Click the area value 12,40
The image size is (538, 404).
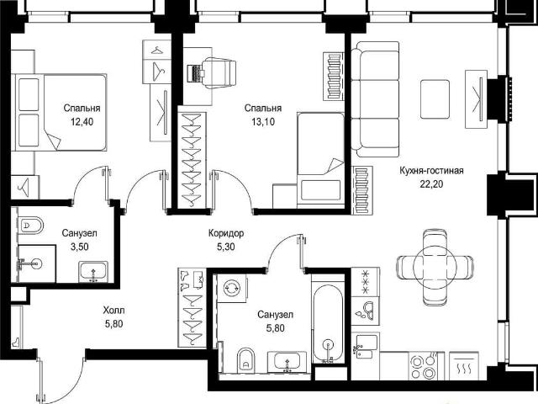(82, 121)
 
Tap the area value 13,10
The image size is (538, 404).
(263, 121)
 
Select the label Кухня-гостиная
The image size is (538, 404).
(431, 171)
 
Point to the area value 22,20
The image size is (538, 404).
(431, 184)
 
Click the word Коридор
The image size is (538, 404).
(226, 233)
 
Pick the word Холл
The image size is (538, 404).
(114, 311)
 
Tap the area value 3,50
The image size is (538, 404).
(79, 247)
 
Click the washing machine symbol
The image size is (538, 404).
(232, 288)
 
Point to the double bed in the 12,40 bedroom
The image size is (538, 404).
(59, 112)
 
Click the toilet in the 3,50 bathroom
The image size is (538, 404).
(30, 226)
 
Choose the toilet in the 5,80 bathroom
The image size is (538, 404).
(246, 360)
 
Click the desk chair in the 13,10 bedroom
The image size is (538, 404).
(219, 72)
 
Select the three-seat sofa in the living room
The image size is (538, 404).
(375, 99)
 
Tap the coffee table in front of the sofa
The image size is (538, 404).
(435, 99)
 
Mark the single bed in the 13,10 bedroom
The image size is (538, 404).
(321, 160)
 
